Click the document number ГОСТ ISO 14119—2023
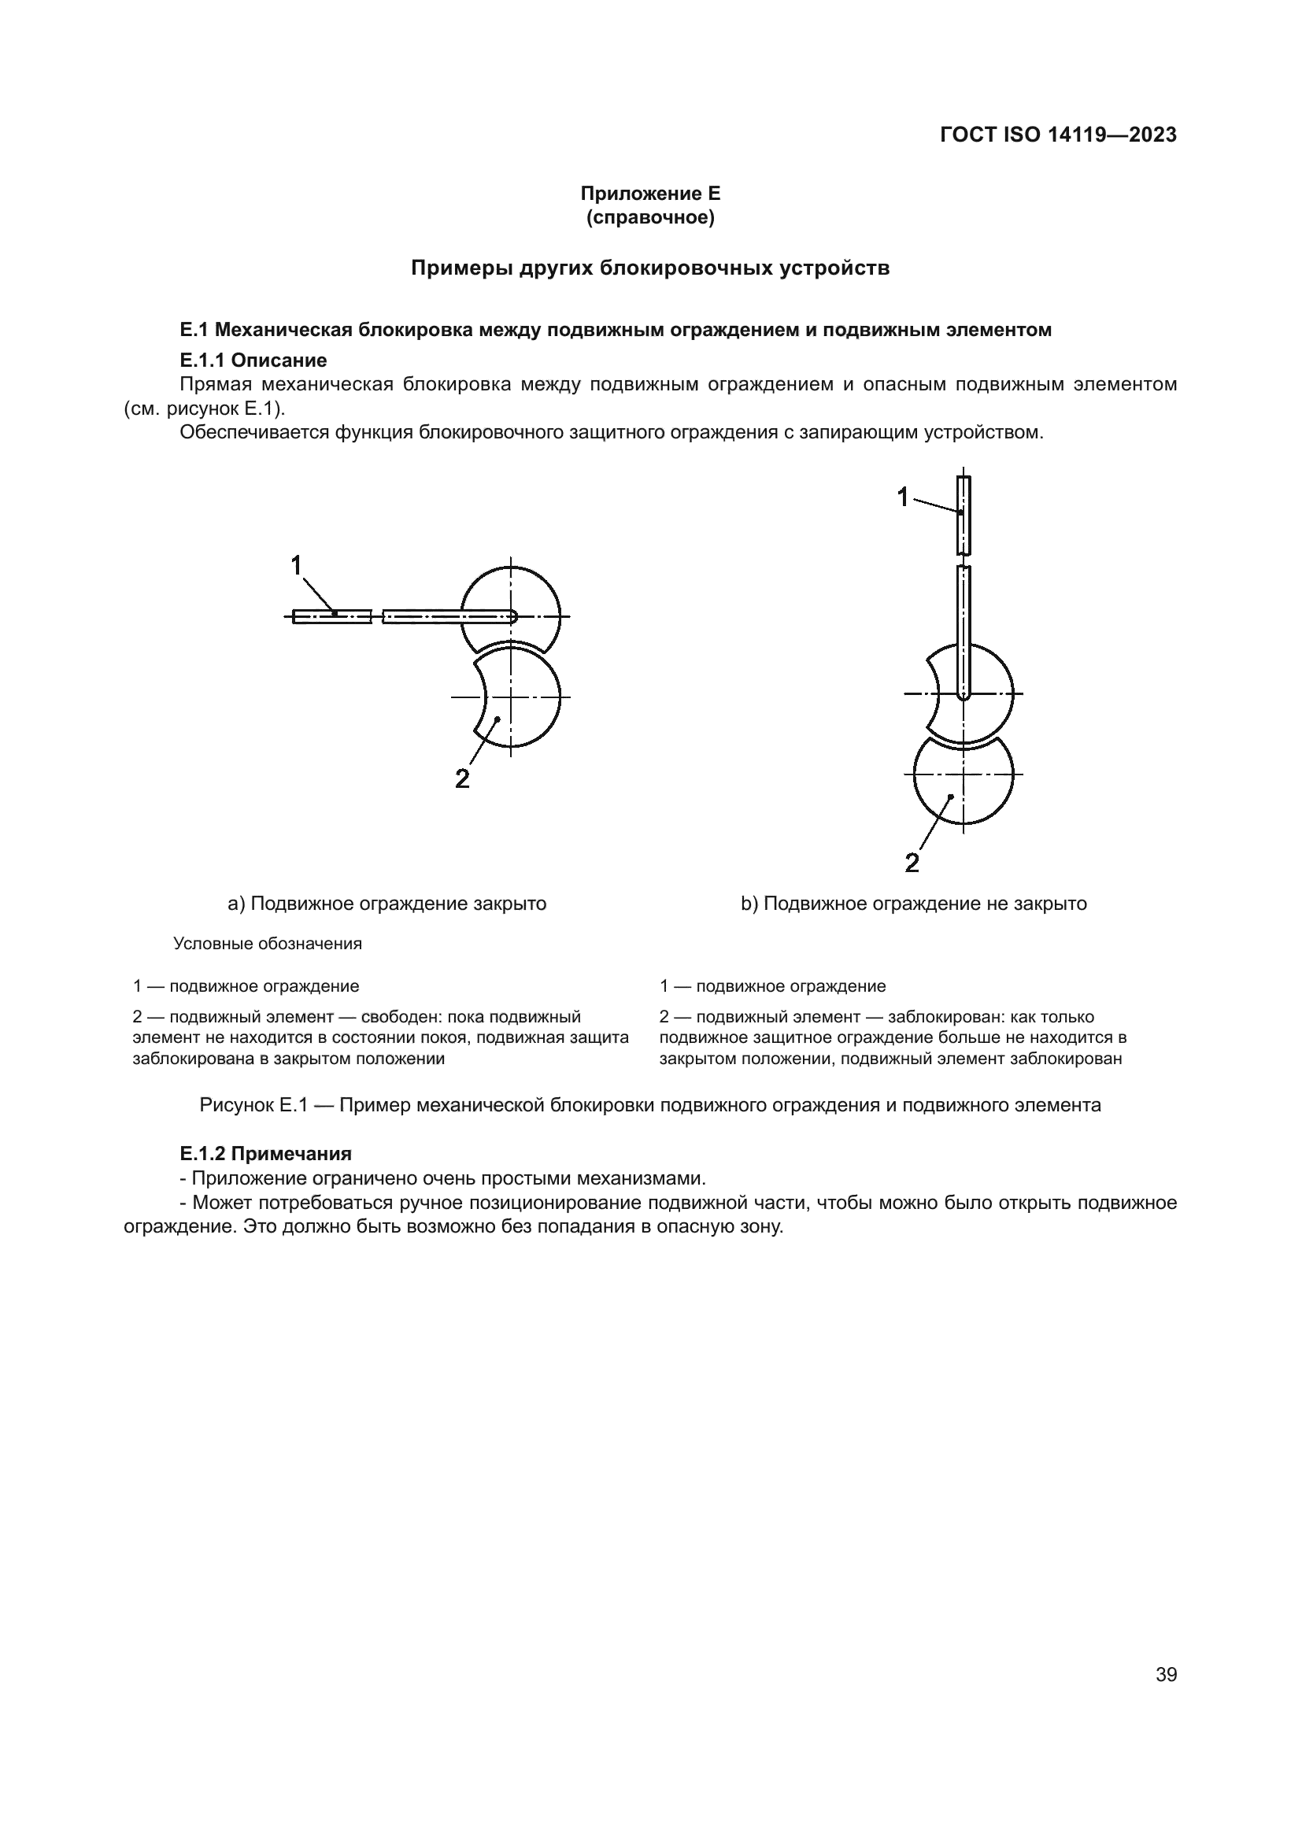click(1057, 135)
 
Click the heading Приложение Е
click(650, 194)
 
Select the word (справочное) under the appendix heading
click(650, 217)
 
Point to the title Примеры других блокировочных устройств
click(650, 268)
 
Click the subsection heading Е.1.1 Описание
click(253, 360)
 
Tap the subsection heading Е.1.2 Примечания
click(265, 1154)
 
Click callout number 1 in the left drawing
click(296, 565)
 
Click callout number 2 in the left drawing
click(462, 778)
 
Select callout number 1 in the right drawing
click(903, 497)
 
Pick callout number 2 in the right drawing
click(912, 863)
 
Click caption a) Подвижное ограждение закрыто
click(387, 904)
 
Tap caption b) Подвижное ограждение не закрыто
click(913, 904)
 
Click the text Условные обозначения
click(268, 944)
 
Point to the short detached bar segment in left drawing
click(332, 616)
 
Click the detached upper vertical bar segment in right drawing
click(963, 516)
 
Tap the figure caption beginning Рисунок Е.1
click(650, 1105)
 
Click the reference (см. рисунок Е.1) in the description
click(205, 408)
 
